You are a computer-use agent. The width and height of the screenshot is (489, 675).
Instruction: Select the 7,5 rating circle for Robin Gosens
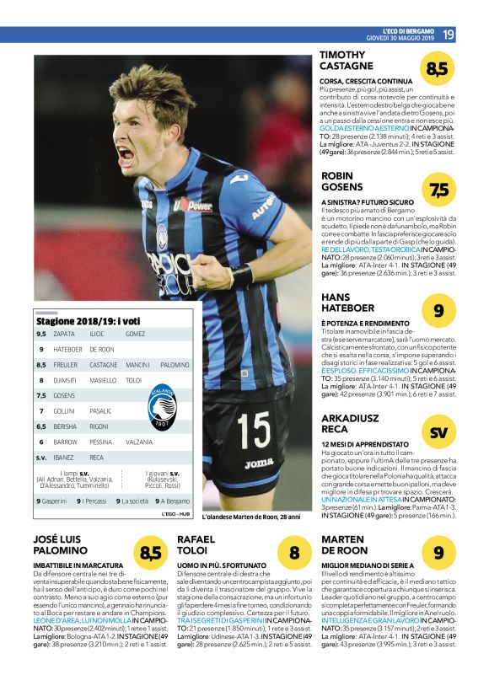(439, 190)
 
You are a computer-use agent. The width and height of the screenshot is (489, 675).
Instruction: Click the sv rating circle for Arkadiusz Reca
(438, 433)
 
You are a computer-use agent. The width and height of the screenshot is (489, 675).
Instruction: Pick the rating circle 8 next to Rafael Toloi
(294, 553)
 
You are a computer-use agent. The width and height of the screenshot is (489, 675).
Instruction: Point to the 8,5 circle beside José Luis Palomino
(150, 553)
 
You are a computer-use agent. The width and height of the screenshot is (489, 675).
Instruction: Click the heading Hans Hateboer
(347, 303)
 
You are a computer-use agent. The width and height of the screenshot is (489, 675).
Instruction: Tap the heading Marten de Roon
(345, 544)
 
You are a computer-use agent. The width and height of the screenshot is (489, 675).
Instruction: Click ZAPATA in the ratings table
(63, 334)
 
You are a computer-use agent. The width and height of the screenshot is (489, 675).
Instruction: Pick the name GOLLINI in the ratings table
(65, 410)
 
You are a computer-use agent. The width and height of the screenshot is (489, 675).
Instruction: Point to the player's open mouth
(126, 155)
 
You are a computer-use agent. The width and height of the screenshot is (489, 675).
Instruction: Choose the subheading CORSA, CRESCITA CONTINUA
(366, 81)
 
